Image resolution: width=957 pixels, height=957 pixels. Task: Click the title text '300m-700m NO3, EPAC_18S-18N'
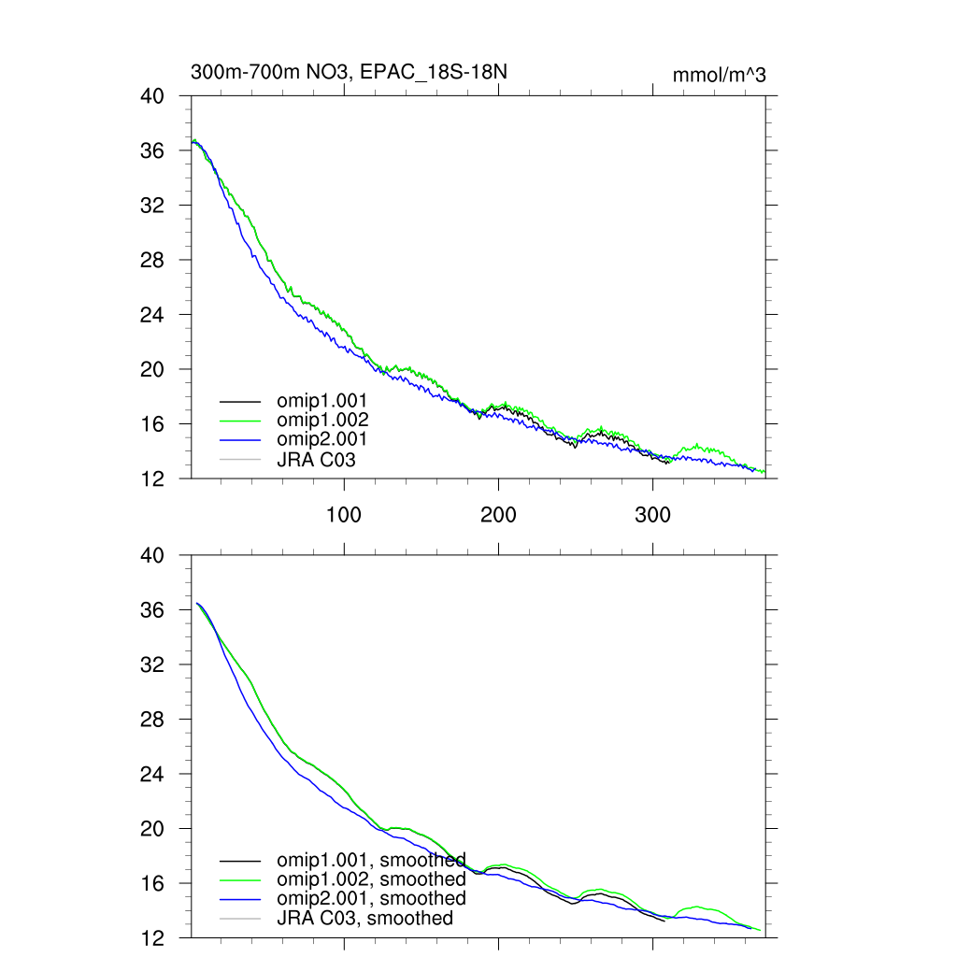click(x=350, y=72)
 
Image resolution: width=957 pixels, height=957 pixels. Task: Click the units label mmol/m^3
click(x=719, y=75)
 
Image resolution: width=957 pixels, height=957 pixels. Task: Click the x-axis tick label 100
click(x=344, y=515)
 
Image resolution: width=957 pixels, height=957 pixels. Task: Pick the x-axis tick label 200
click(x=498, y=515)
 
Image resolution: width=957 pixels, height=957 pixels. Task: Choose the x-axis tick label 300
click(x=652, y=515)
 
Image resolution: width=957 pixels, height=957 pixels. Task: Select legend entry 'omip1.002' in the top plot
click(x=322, y=420)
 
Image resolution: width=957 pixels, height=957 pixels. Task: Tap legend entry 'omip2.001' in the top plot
click(x=322, y=439)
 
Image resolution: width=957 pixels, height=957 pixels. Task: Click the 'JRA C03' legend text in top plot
click(x=316, y=459)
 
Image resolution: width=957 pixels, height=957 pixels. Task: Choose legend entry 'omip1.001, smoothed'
click(x=371, y=860)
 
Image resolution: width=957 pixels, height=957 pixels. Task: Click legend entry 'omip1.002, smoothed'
click(x=371, y=879)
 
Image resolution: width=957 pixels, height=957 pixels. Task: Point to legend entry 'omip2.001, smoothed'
click(x=371, y=898)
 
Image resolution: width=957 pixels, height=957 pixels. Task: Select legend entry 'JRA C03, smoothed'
click(x=364, y=918)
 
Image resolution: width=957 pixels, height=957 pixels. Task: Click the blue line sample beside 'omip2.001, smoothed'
click(x=240, y=899)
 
